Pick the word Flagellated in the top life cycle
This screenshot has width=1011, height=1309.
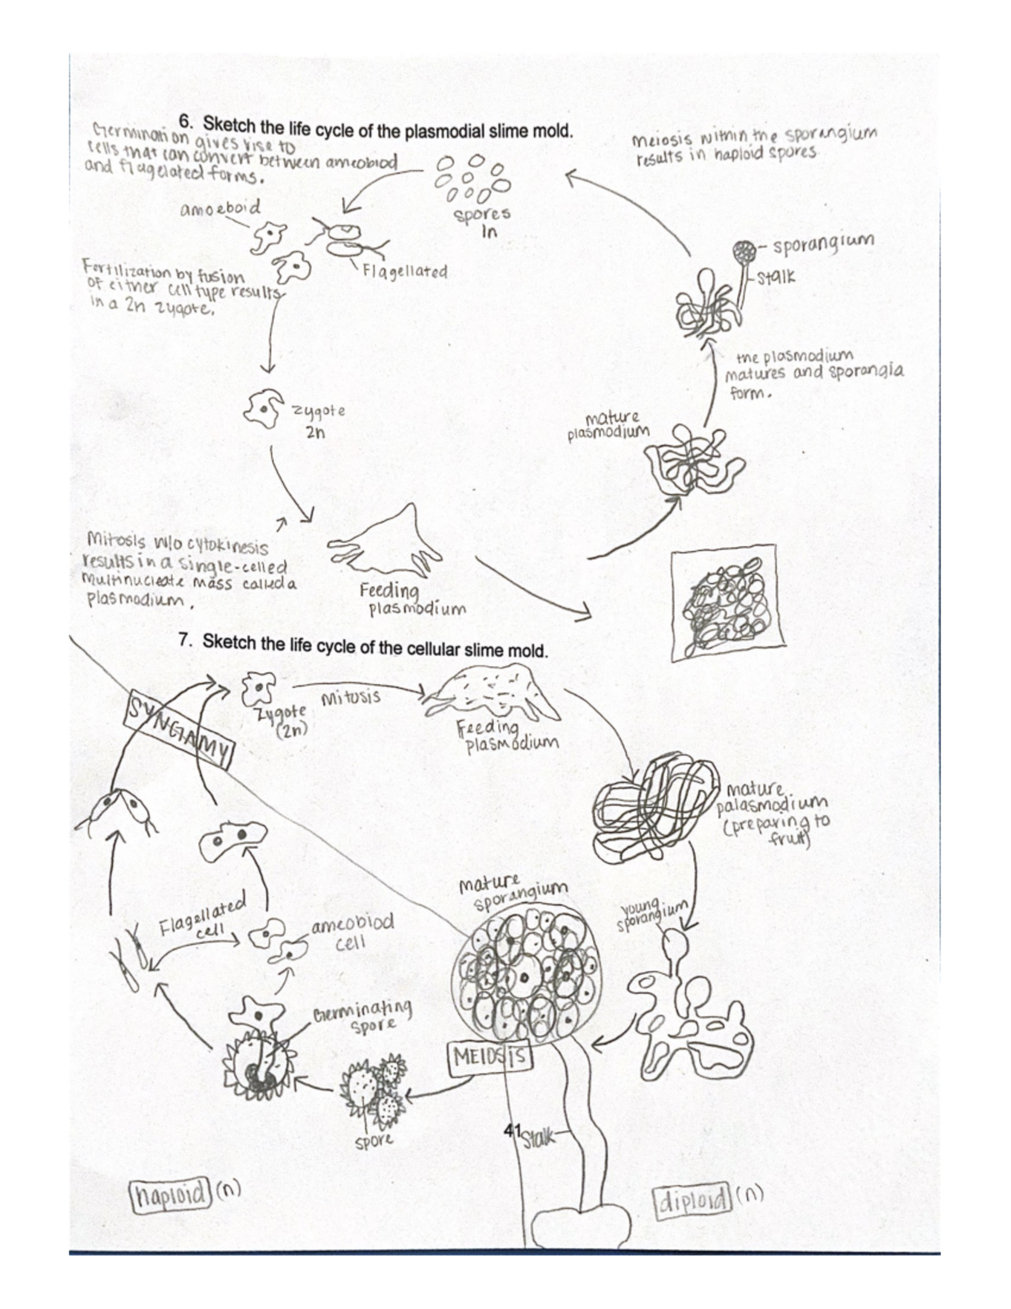click(x=404, y=272)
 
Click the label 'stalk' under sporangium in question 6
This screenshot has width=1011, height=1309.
click(x=776, y=276)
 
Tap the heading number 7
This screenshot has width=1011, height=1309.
click(x=186, y=641)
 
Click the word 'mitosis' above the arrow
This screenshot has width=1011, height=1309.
click(x=350, y=698)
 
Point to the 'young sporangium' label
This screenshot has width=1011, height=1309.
click(x=652, y=915)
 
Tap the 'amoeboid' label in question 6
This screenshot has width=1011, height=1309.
click(x=220, y=207)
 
